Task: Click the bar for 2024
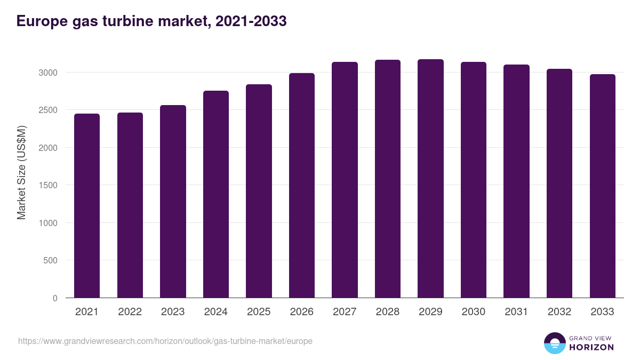click(x=216, y=194)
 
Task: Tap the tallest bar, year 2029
click(x=430, y=178)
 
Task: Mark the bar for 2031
click(x=516, y=181)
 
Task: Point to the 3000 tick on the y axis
click(x=48, y=73)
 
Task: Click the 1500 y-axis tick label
click(x=48, y=185)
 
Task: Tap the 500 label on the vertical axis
click(x=50, y=261)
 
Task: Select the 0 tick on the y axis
click(x=55, y=299)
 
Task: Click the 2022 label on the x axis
click(x=130, y=312)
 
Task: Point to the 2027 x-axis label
click(x=345, y=312)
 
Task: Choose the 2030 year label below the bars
click(x=474, y=312)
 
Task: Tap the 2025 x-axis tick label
click(x=259, y=312)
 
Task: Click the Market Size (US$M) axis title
click(x=21, y=172)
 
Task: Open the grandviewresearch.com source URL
click(x=165, y=341)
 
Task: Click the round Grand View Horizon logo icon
click(x=554, y=343)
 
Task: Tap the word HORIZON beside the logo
click(x=591, y=347)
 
